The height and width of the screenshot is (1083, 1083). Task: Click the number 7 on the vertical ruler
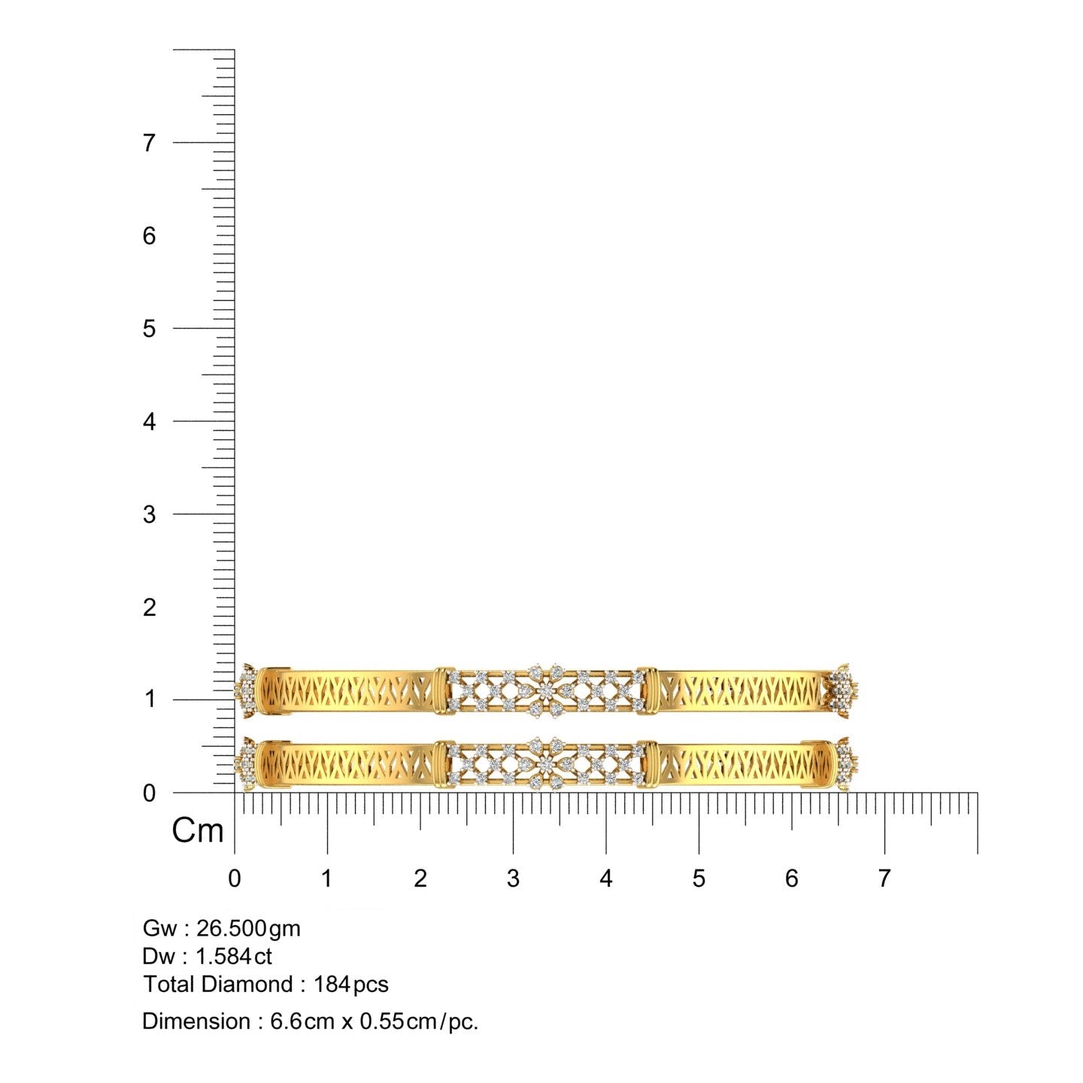149,143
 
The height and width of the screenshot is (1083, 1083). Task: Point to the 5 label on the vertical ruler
149,329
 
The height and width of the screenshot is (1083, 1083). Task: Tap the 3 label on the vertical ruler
149,514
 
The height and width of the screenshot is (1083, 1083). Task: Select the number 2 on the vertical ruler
149,607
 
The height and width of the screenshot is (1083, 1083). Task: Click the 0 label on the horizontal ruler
235,878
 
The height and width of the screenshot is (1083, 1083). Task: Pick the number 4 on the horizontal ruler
606,878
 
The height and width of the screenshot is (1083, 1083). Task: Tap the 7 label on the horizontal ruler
884,878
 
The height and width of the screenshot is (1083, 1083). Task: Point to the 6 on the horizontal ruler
792,878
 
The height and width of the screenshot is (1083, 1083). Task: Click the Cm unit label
198,830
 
